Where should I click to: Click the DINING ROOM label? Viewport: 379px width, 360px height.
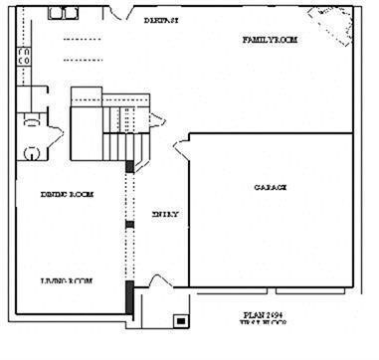[67, 195]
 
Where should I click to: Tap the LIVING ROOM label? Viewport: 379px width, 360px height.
[67, 281]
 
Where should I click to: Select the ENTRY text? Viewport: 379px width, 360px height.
[165, 214]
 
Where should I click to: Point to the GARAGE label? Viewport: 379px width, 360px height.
[270, 187]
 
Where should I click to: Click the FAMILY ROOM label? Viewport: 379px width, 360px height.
[271, 40]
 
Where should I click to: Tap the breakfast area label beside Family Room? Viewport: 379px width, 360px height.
[160, 20]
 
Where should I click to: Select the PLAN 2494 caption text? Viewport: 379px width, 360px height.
[264, 315]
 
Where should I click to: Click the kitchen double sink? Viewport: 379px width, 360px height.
[64, 13]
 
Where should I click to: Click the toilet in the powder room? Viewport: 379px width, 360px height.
[32, 115]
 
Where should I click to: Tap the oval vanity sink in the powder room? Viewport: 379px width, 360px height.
[31, 152]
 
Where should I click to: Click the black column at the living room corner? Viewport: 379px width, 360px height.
[129, 297]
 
